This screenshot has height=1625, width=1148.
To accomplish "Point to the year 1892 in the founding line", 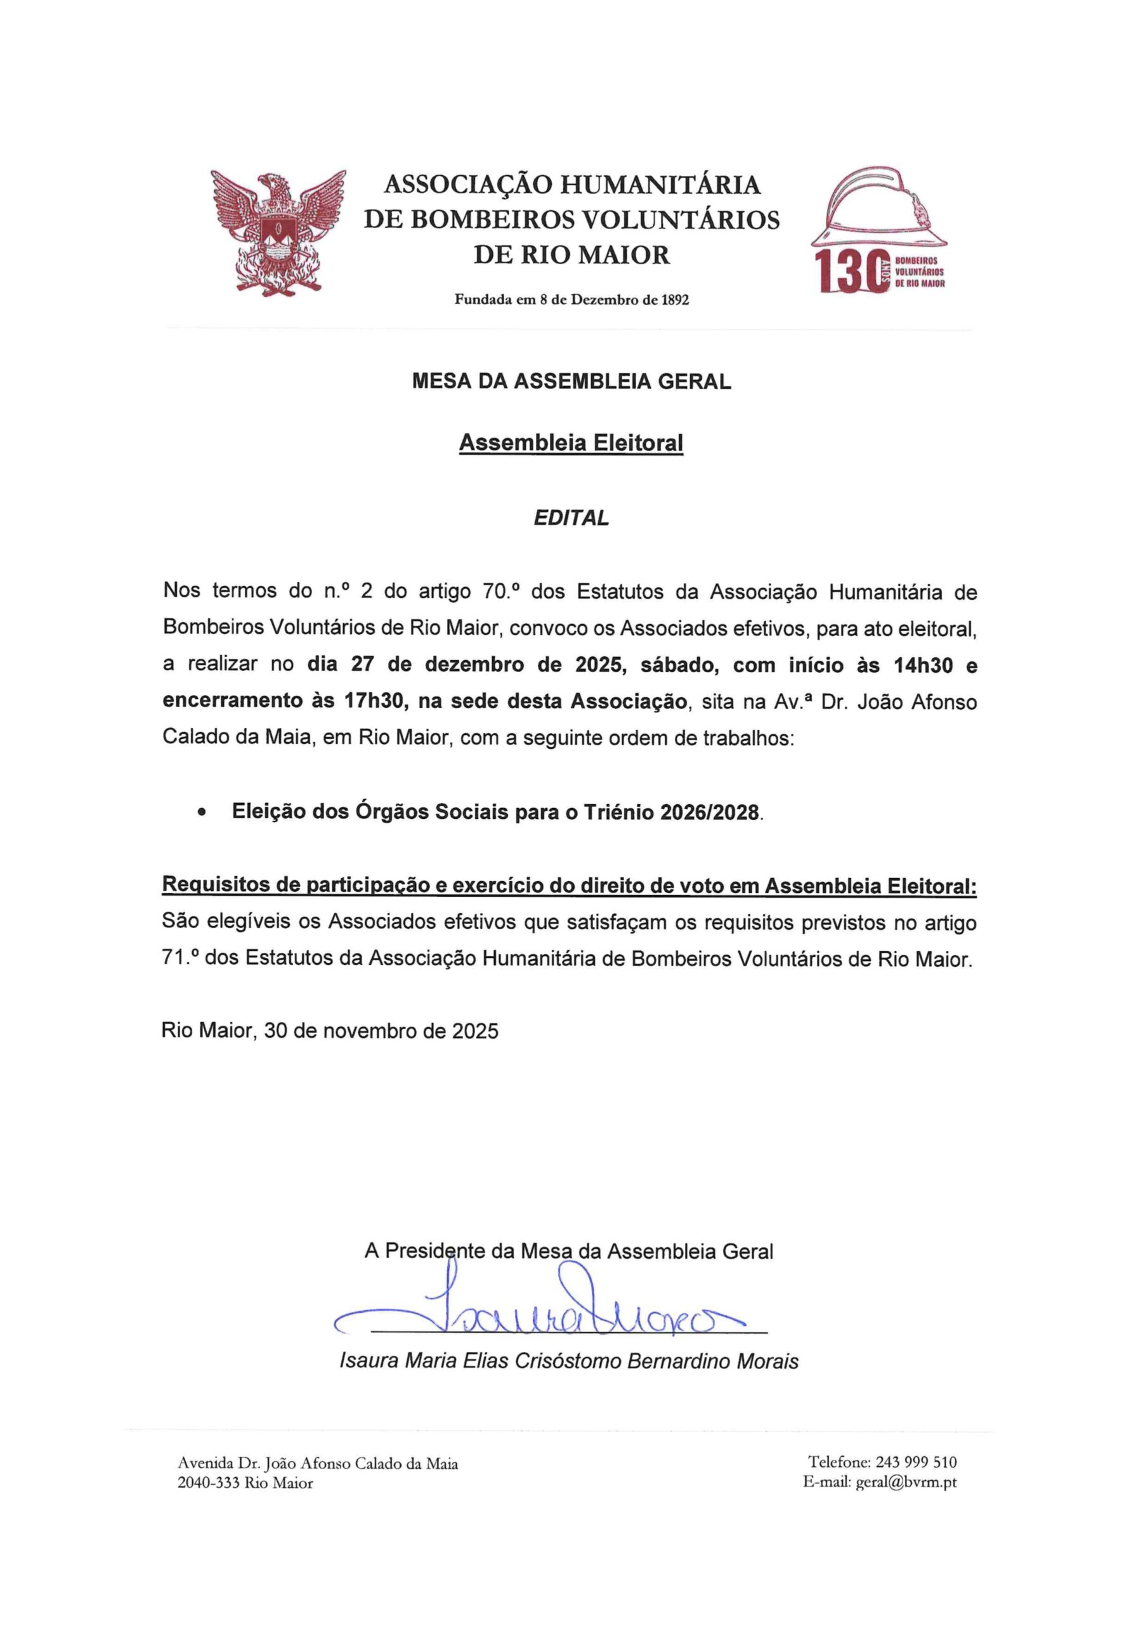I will point(674,300).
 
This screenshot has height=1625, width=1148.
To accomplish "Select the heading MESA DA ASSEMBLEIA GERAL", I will point(571,382).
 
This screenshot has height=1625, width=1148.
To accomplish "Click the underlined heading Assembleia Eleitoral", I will point(571,443).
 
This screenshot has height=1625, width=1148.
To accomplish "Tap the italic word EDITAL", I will point(571,518).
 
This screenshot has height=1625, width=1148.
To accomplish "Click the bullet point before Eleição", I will point(203,813).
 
